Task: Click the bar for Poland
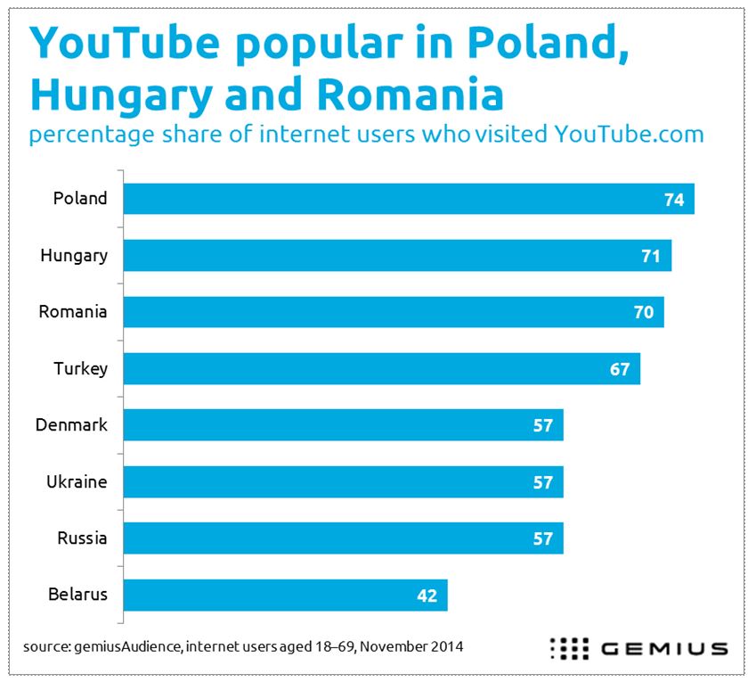point(408,199)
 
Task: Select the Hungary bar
point(397,256)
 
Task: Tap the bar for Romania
point(393,312)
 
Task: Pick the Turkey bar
point(381,368)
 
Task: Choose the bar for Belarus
point(285,595)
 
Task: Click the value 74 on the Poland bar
point(673,200)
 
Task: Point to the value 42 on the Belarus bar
point(427,596)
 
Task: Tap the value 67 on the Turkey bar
point(620,369)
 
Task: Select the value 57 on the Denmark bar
point(543,425)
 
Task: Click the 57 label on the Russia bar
point(543,538)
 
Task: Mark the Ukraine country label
point(77,482)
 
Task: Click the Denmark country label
point(71,425)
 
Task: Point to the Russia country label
point(82,538)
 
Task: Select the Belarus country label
point(78,595)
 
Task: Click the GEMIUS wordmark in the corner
point(663,648)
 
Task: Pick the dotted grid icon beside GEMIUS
point(571,648)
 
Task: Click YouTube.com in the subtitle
point(629,135)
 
